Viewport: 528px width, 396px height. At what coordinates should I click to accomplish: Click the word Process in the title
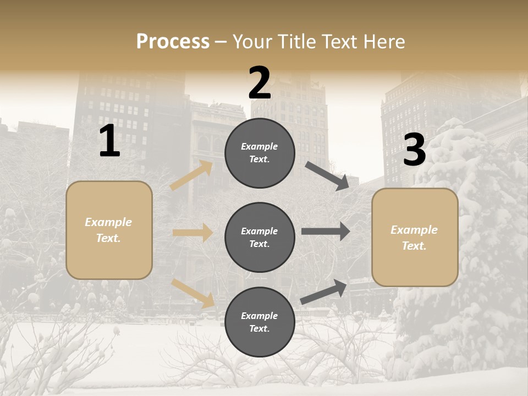[x=173, y=42]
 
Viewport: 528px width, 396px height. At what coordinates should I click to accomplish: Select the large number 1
[x=109, y=141]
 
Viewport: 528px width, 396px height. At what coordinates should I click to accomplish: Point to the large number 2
[x=260, y=84]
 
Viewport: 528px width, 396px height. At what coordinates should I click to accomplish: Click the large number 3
[x=414, y=150]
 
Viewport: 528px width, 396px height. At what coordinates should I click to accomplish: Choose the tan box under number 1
[x=109, y=230]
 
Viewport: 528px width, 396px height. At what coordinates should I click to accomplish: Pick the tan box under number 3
[x=415, y=237]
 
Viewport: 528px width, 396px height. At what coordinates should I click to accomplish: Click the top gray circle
[x=260, y=153]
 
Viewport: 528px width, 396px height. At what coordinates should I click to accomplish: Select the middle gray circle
[x=260, y=237]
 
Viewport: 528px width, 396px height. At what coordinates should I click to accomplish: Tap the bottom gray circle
[x=260, y=322]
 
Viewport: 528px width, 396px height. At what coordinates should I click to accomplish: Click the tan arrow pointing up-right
[x=191, y=175]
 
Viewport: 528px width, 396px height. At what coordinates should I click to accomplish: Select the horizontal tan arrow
[x=193, y=233]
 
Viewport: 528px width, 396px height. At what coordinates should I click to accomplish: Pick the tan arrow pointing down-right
[x=193, y=293]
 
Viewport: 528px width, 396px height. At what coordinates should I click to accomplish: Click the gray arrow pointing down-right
[x=327, y=176]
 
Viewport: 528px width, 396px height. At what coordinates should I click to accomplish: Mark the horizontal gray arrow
[x=326, y=232]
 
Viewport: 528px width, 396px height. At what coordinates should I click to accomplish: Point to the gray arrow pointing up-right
[x=324, y=292]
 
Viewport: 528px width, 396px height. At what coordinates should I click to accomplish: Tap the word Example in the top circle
[x=260, y=147]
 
